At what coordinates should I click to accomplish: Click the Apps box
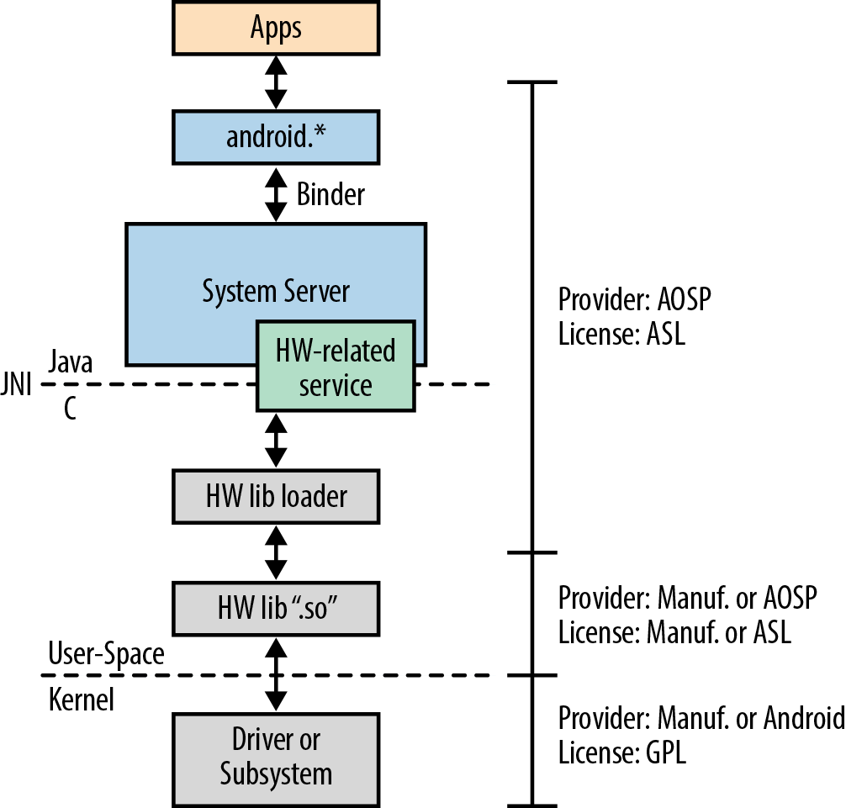click(276, 28)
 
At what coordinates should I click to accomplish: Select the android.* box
click(276, 137)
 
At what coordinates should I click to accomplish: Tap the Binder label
click(330, 194)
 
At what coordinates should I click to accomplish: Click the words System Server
click(276, 291)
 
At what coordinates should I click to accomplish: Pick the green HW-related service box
click(336, 366)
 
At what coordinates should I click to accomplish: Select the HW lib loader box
click(276, 496)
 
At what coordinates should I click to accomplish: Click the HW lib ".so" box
click(276, 608)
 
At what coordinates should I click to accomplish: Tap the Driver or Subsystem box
click(276, 757)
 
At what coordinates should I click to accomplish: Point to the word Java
click(71, 363)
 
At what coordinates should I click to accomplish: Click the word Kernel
click(82, 699)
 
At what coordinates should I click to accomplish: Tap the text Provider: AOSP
click(635, 300)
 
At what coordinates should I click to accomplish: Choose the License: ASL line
click(621, 334)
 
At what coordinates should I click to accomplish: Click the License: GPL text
click(622, 752)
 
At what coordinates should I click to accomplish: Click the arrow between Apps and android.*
click(276, 83)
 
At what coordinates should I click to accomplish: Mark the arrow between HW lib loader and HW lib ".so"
click(276, 552)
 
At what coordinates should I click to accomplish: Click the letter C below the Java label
click(70, 409)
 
